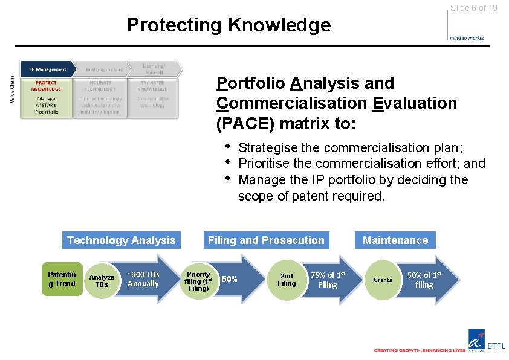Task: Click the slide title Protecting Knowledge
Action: click(x=229, y=25)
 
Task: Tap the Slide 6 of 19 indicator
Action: click(x=473, y=8)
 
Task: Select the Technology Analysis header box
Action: click(x=121, y=240)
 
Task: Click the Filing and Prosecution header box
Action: click(x=266, y=240)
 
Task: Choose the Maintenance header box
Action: click(x=395, y=240)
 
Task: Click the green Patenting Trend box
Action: click(x=62, y=279)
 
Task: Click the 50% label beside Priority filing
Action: click(x=230, y=279)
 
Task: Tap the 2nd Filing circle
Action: click(x=287, y=280)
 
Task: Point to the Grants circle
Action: click(x=383, y=280)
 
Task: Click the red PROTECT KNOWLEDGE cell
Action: click(x=46, y=86)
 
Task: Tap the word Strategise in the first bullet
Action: click(x=266, y=148)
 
